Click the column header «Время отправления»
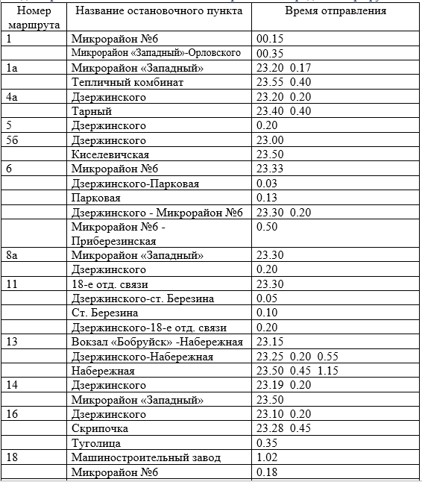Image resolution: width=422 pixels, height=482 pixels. [336, 11]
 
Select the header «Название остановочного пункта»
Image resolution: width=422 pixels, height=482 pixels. [159, 11]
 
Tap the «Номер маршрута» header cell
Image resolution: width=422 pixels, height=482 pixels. [34, 18]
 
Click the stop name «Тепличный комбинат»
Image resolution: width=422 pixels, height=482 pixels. [127, 82]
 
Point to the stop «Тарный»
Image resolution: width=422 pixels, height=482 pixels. [91, 111]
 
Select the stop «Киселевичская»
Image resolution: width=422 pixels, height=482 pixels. [110, 154]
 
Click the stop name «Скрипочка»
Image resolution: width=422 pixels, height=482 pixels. [100, 428]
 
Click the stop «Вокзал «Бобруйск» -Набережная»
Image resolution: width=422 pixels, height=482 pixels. [157, 342]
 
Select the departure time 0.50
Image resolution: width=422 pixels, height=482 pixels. [267, 227]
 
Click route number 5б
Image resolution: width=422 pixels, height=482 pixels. [13, 140]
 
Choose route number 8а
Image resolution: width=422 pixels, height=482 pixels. [12, 255]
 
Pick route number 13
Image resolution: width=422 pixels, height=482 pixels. [12, 342]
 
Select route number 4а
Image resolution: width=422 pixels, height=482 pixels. [12, 97]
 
